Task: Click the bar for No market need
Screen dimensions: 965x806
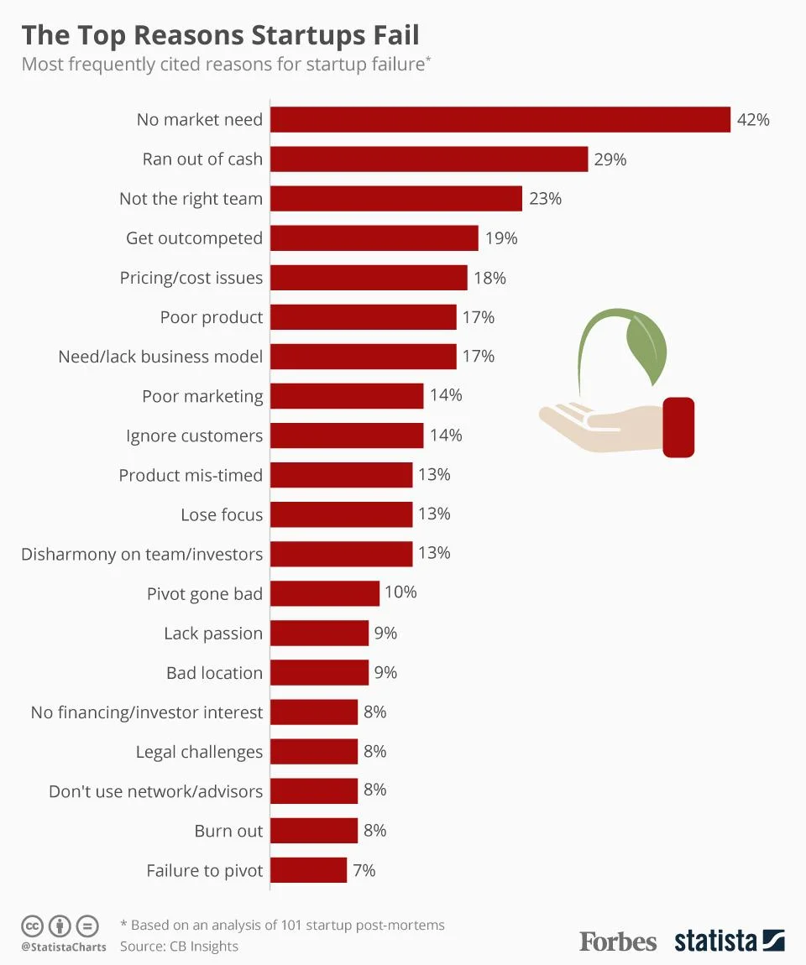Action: (500, 120)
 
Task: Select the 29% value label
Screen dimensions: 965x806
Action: (610, 159)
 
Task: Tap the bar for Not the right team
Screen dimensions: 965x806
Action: (396, 199)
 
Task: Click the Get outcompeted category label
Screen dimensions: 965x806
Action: (194, 238)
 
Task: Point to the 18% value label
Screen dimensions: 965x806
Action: (489, 278)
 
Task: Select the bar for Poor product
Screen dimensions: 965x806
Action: (364, 317)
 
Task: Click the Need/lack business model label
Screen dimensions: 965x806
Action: (160, 357)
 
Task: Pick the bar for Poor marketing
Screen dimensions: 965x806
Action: (347, 396)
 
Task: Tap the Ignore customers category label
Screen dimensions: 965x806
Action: (194, 436)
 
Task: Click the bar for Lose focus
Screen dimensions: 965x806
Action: (342, 514)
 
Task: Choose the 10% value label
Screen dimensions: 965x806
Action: (400, 592)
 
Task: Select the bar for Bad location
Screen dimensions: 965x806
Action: (320, 672)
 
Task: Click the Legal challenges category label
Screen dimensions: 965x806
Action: (199, 752)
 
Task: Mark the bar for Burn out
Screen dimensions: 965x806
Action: (314, 831)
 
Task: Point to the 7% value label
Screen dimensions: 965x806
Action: (364, 870)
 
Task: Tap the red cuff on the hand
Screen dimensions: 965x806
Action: (678, 427)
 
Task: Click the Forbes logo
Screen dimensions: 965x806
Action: (618, 942)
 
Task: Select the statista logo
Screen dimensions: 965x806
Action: (729, 941)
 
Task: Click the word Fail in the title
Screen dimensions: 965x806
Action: (390, 36)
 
